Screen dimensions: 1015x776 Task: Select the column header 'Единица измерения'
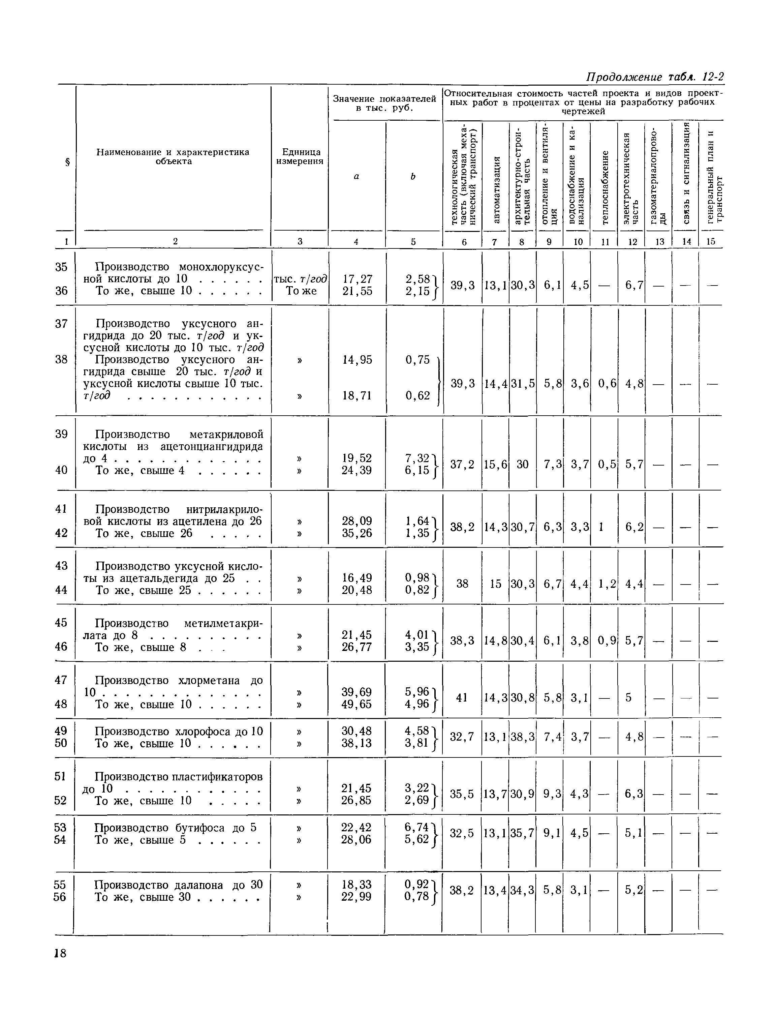point(300,157)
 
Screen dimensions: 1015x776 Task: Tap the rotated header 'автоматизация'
point(496,189)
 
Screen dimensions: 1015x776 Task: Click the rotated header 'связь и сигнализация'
point(687,173)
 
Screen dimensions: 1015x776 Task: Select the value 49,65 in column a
point(356,704)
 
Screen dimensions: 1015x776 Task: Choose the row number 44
point(61,590)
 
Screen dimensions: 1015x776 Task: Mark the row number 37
point(61,324)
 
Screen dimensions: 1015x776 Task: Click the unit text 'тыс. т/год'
point(300,279)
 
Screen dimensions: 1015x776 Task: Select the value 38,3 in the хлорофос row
point(522,737)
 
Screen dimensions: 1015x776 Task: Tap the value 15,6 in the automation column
point(496,464)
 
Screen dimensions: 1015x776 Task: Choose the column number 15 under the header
point(711,241)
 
